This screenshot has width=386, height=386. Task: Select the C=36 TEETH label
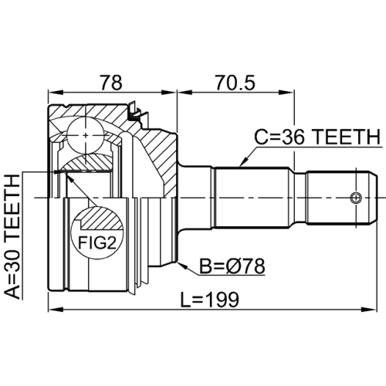[318, 137]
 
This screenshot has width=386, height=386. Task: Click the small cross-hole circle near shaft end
[356, 197]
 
